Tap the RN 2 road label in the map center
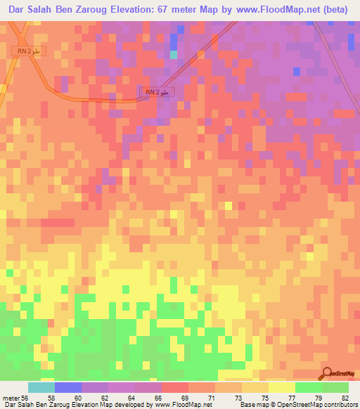click(157, 92)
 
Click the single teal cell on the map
click(174, 54)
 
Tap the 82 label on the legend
click(345, 398)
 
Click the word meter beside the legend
click(11, 398)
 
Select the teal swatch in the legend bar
click(41, 387)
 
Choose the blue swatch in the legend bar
click(68, 387)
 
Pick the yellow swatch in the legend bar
click(282, 387)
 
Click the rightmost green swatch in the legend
click(335, 387)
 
